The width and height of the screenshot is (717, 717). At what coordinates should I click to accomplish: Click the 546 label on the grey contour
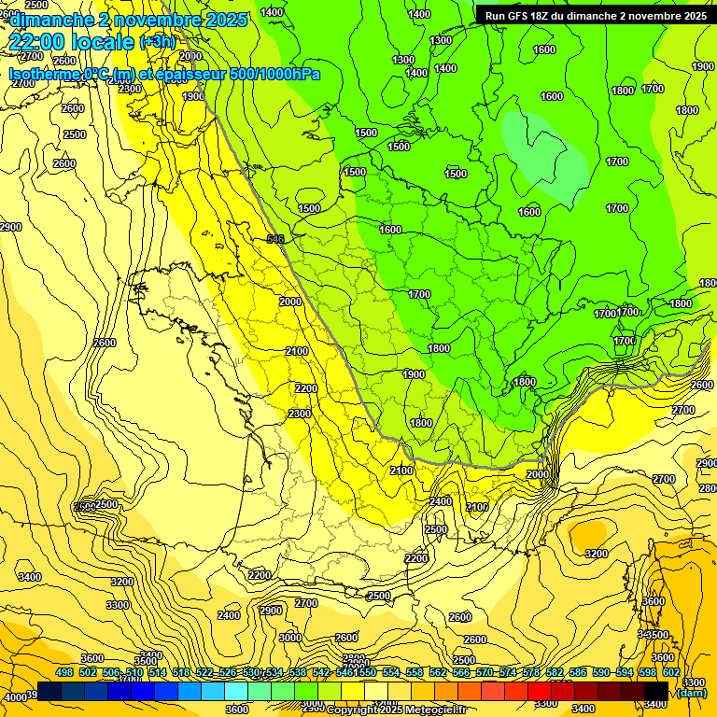[x=274, y=240]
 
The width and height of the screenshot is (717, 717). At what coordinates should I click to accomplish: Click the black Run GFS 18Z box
[x=592, y=15]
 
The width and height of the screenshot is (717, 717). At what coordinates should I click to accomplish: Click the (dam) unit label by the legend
[x=691, y=693]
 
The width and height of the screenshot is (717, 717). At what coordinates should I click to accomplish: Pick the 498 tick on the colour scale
[x=63, y=672]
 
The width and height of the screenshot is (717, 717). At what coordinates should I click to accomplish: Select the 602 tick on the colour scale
[x=670, y=672]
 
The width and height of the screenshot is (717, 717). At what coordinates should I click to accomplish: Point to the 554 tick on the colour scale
[x=390, y=672]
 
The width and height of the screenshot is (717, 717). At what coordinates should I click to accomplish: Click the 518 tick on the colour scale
[x=180, y=672]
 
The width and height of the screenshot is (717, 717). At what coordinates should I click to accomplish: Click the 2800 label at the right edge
[x=707, y=488]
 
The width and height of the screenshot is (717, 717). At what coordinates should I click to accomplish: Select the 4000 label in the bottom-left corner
[x=15, y=697]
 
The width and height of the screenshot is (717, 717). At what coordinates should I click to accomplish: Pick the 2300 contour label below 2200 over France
[x=300, y=414]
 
